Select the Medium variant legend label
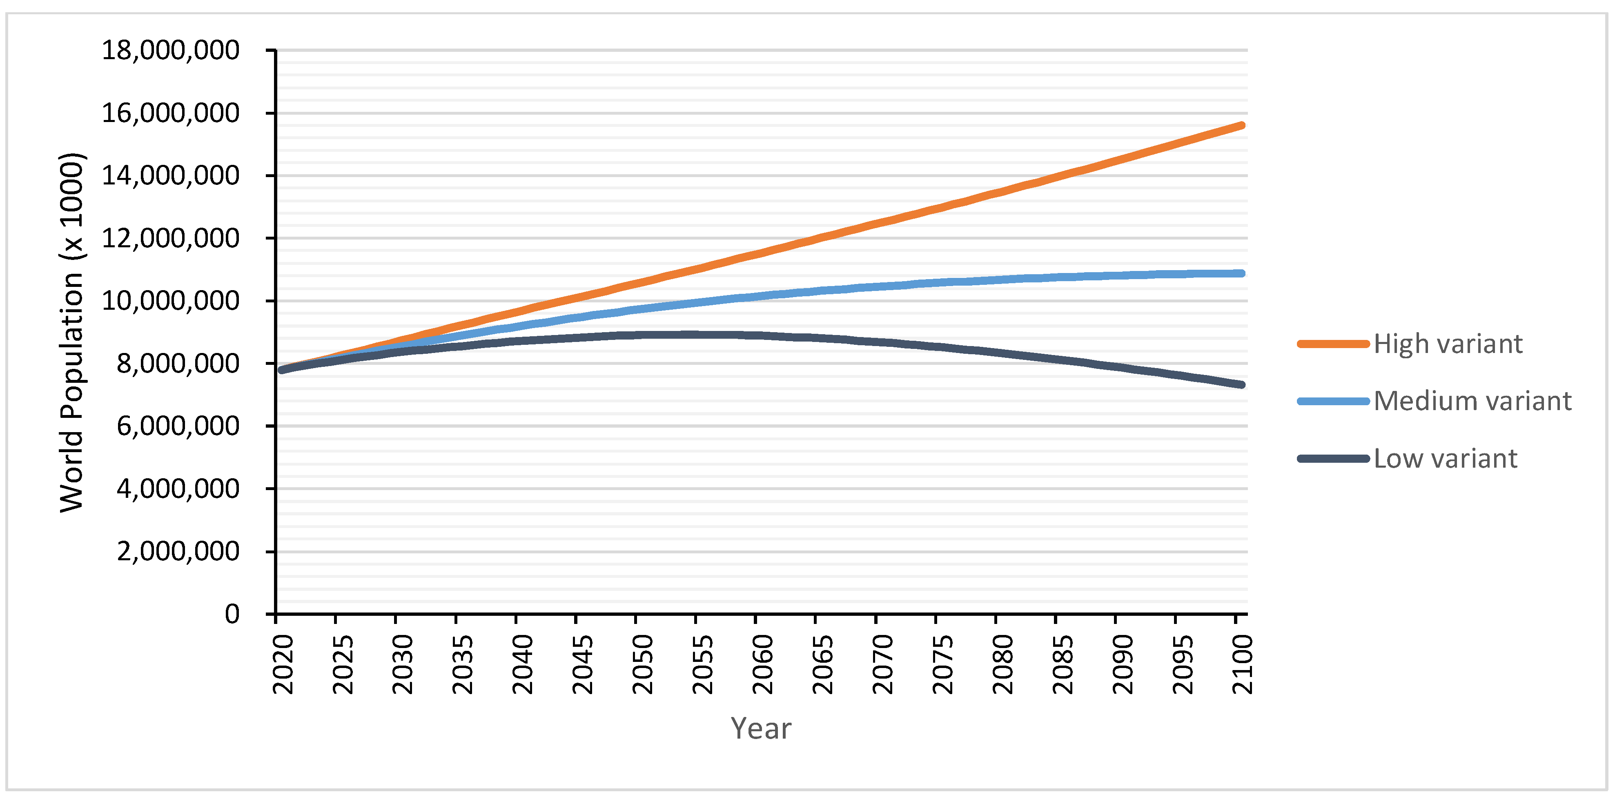[x=1472, y=401]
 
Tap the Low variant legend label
[x=1445, y=459]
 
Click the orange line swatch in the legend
[x=1333, y=344]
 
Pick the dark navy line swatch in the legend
[x=1333, y=459]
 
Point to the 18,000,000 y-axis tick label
[x=171, y=50]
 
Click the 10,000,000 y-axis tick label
[x=171, y=301]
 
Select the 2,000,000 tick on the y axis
[x=178, y=551]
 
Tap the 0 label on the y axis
[x=232, y=614]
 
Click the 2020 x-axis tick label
[x=283, y=664]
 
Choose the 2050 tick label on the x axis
[x=643, y=664]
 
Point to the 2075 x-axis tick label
[x=943, y=664]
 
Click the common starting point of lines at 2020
[x=282, y=370]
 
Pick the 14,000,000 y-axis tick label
[x=171, y=175]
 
